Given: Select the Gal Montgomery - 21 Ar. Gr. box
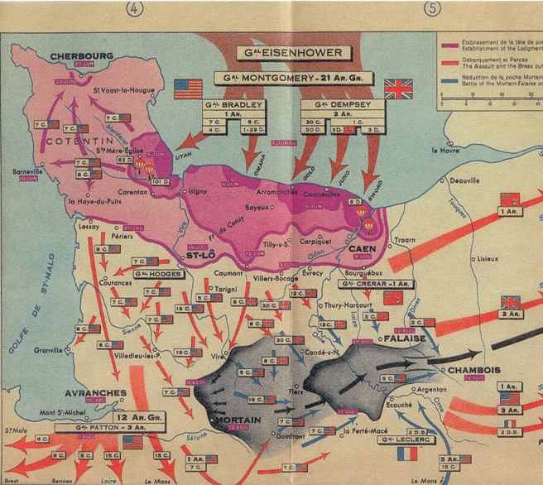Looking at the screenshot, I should pyautogui.click(x=293, y=79).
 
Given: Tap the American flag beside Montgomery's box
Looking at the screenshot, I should pyautogui.click(x=188, y=89).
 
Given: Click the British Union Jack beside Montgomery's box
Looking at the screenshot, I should pyautogui.click(x=398, y=89).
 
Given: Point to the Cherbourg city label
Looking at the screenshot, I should pyautogui.click(x=81, y=56).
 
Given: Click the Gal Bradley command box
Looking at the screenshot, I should pyautogui.click(x=235, y=105).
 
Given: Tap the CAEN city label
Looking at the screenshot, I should pyautogui.click(x=363, y=247).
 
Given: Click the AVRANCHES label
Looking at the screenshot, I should pyautogui.click(x=99, y=393).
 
